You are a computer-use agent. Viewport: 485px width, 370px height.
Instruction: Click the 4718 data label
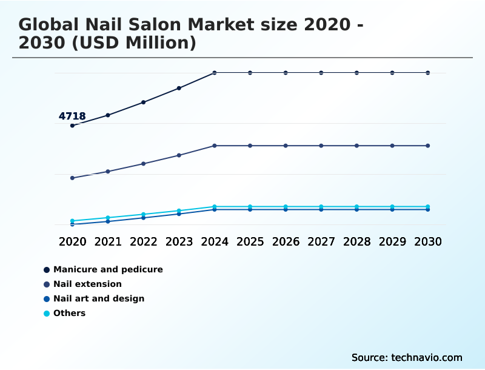click(x=72, y=116)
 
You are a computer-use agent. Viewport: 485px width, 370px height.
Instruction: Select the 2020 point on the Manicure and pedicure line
click(x=72, y=126)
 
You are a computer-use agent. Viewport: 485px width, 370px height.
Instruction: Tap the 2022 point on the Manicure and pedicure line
click(x=144, y=102)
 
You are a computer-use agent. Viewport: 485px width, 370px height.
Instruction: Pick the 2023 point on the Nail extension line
click(x=179, y=155)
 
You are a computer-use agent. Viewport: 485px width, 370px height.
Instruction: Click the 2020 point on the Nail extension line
click(x=72, y=178)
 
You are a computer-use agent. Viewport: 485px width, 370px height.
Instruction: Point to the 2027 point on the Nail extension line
click(x=321, y=146)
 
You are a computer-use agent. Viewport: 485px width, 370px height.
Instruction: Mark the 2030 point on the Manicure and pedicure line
click(x=428, y=73)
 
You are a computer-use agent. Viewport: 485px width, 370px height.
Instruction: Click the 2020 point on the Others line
click(x=72, y=221)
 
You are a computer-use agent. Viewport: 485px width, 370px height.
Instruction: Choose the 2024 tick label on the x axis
click(x=215, y=241)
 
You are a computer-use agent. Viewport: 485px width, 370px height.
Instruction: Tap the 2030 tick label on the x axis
click(x=428, y=241)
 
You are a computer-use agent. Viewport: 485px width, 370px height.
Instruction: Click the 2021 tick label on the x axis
click(x=108, y=241)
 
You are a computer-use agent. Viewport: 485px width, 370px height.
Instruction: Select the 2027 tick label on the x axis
click(x=321, y=241)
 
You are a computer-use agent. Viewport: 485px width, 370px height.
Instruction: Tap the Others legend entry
click(x=69, y=313)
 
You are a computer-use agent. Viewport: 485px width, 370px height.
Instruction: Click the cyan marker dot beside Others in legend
click(x=47, y=313)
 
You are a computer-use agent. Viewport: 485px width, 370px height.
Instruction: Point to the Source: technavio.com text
click(x=407, y=357)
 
